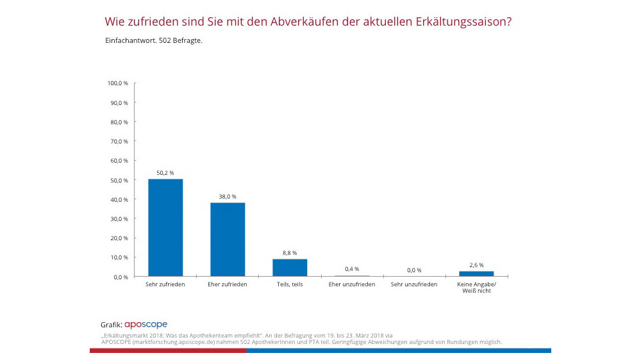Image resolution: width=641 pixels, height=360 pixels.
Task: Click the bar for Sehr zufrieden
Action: pos(165,227)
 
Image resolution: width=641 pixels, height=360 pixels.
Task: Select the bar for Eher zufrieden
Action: pos(228,239)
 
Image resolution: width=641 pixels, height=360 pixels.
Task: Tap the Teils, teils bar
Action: pos(290,267)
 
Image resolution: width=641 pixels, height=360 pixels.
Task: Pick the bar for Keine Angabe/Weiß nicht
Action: pos(476,274)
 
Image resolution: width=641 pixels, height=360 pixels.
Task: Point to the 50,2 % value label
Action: pos(165,173)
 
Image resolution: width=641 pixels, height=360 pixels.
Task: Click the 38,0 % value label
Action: pos(228,197)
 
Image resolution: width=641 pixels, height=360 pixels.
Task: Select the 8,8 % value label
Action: pos(290,253)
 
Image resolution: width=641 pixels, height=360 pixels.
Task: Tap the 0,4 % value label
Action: pos(352,269)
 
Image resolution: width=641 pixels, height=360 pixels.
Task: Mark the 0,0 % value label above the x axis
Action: pos(414,270)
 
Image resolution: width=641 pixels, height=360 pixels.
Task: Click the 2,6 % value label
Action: pos(476,265)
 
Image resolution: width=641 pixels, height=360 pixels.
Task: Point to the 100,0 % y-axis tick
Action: pos(118,83)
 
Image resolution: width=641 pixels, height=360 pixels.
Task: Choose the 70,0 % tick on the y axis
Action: pos(119,141)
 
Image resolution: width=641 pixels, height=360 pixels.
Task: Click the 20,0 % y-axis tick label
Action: pos(119,238)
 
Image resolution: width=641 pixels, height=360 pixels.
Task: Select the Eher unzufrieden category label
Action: pos(352,284)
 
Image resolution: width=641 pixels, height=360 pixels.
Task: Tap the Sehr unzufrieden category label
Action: pos(414,284)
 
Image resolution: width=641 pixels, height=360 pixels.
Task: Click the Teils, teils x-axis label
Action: pos(290,284)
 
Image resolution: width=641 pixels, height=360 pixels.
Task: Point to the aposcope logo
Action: pos(146,325)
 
